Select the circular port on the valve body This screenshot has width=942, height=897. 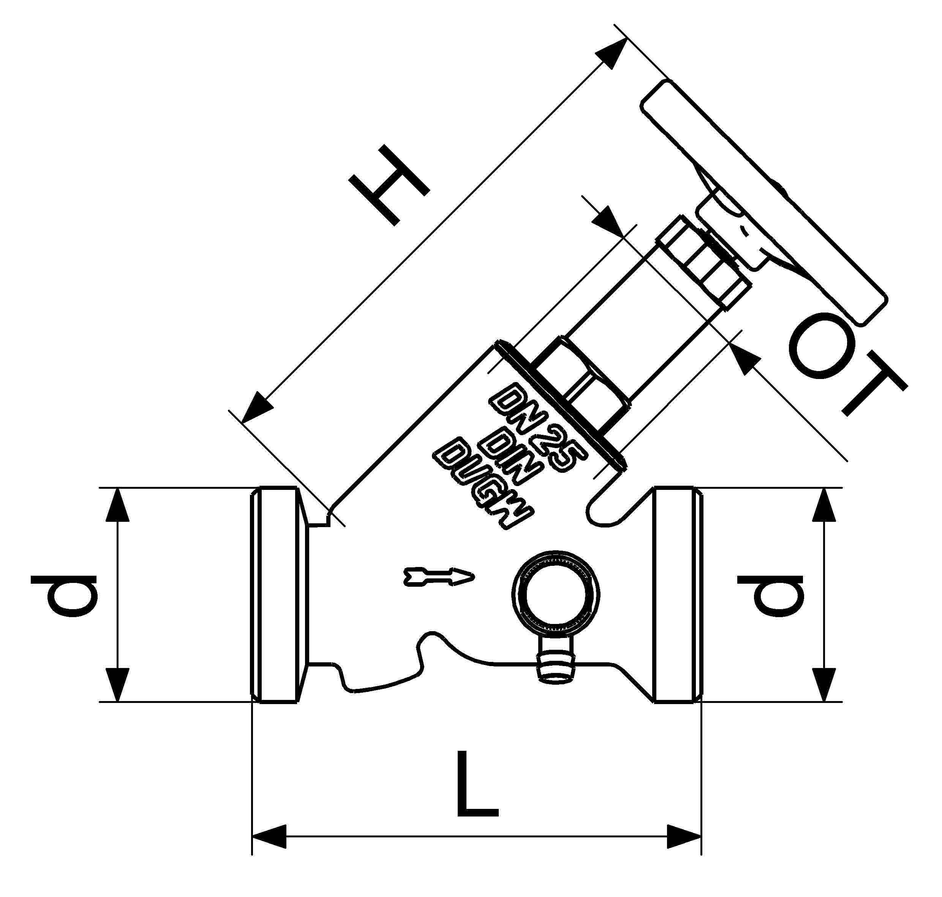point(554,595)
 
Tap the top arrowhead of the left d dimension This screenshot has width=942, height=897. point(117,504)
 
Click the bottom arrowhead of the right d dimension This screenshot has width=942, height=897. point(823,685)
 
